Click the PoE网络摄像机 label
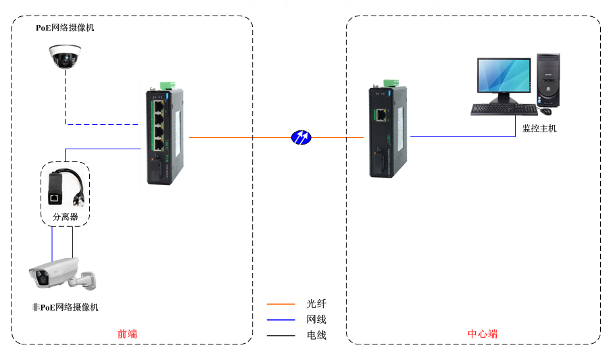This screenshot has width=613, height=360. tap(65, 28)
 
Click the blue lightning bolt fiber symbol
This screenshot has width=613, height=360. tap(301, 137)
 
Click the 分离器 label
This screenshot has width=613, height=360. tap(66, 217)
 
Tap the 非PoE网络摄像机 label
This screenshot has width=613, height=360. tap(65, 307)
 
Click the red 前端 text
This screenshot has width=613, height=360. tap(127, 334)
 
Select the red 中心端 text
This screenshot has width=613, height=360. tap(483, 334)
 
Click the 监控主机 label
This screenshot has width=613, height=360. tap(539, 128)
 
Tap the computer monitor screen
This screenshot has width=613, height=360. tap(504, 76)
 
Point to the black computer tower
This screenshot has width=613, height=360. tap(548, 80)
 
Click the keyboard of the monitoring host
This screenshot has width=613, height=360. tap(504, 109)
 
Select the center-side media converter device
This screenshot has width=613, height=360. tap(386, 131)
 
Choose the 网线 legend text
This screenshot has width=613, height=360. tap(316, 319)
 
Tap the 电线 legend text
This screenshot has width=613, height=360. tap(316, 335)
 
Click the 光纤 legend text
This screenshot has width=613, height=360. tap(316, 305)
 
